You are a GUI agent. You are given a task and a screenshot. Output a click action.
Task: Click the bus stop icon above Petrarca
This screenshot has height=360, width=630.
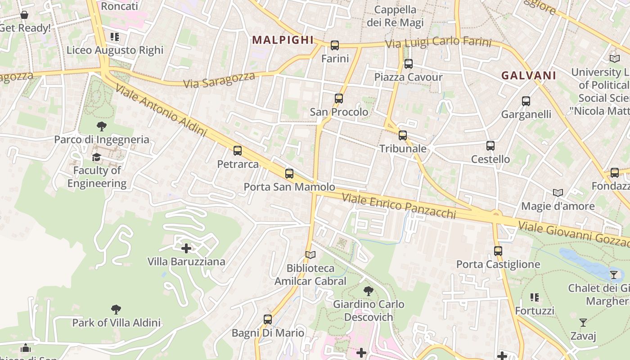coord(238,151)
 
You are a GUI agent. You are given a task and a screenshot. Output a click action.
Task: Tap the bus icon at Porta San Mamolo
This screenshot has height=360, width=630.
coord(289,173)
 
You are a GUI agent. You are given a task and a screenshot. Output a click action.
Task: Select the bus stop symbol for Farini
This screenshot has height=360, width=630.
coord(335,45)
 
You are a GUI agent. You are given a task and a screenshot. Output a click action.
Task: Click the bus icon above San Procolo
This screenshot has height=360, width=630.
coord(339,99)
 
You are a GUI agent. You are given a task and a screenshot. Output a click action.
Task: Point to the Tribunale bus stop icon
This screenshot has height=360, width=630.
coord(403,135)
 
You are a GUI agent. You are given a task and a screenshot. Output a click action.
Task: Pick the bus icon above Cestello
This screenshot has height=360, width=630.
coord(490,146)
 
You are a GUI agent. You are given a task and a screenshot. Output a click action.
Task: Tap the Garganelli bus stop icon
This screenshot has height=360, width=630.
coord(526,101)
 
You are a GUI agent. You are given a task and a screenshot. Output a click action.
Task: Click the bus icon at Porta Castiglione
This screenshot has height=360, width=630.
coord(498,251)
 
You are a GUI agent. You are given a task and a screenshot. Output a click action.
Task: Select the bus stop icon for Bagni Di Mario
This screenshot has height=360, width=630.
coord(268,319)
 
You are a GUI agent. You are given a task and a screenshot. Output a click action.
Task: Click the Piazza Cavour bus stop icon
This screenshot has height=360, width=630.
coord(409,64)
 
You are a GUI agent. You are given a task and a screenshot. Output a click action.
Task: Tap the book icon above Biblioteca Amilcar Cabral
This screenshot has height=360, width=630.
coord(310,255)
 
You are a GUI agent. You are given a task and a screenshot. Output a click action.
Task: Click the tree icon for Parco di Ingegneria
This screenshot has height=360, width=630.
coord(102,126)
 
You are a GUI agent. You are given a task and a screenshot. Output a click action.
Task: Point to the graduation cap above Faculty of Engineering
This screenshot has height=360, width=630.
coord(97,157)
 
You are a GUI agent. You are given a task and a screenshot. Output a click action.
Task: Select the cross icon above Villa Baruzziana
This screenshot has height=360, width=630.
coord(186,248)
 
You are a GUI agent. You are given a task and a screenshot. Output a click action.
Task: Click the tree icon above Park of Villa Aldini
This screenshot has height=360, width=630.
coord(116,310)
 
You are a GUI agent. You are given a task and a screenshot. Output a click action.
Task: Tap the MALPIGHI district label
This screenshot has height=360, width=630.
coord(283,40)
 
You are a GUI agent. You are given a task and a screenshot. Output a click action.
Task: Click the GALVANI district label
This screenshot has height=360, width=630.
coord(529,76)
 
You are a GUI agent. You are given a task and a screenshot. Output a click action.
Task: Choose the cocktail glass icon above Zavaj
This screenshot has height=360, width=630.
coord(583,323)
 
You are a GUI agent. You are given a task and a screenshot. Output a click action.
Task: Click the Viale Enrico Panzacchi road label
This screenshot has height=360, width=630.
coord(399,206)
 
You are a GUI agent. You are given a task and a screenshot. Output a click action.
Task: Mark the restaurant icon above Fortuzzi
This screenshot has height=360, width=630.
coord(535,297)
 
